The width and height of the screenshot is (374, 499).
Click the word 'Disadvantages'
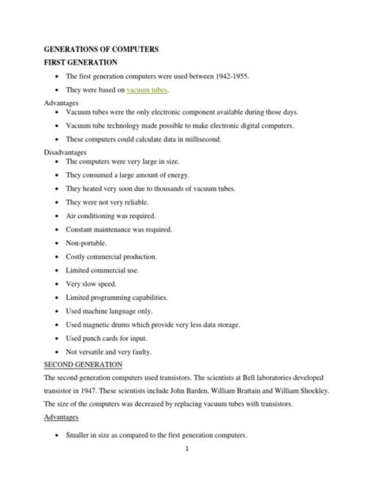tap(65, 151)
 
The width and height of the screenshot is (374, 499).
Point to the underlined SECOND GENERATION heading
tap(83, 366)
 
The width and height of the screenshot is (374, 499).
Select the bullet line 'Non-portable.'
tap(85, 242)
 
